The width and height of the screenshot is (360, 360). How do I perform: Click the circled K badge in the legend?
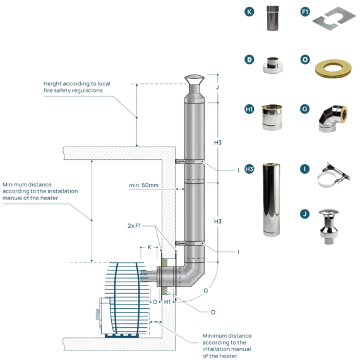point(249,12)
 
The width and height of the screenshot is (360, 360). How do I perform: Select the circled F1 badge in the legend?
point(305,12)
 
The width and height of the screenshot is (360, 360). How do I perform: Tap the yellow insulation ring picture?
point(333,69)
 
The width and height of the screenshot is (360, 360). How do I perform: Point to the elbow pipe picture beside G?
point(333,119)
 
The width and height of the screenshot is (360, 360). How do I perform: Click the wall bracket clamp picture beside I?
point(334,175)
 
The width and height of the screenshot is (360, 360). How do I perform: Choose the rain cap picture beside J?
point(329,226)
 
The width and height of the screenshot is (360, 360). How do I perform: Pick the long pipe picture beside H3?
point(272,200)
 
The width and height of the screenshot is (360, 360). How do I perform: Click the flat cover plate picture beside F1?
point(334,18)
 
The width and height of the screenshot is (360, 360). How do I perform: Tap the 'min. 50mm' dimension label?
point(144,185)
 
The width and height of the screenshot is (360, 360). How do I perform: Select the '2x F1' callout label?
point(134,226)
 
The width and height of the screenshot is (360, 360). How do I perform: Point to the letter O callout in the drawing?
point(213,312)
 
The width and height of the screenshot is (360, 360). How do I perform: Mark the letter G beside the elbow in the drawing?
point(206,291)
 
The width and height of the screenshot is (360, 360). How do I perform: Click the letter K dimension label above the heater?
point(150,248)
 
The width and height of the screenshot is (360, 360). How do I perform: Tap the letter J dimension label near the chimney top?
point(217,87)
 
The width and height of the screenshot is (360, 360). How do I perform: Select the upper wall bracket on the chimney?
point(189,162)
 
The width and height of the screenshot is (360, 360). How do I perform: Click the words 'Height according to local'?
point(77,84)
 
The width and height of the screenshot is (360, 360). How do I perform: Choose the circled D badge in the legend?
point(249,60)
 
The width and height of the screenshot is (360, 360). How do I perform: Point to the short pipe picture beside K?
point(272,18)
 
